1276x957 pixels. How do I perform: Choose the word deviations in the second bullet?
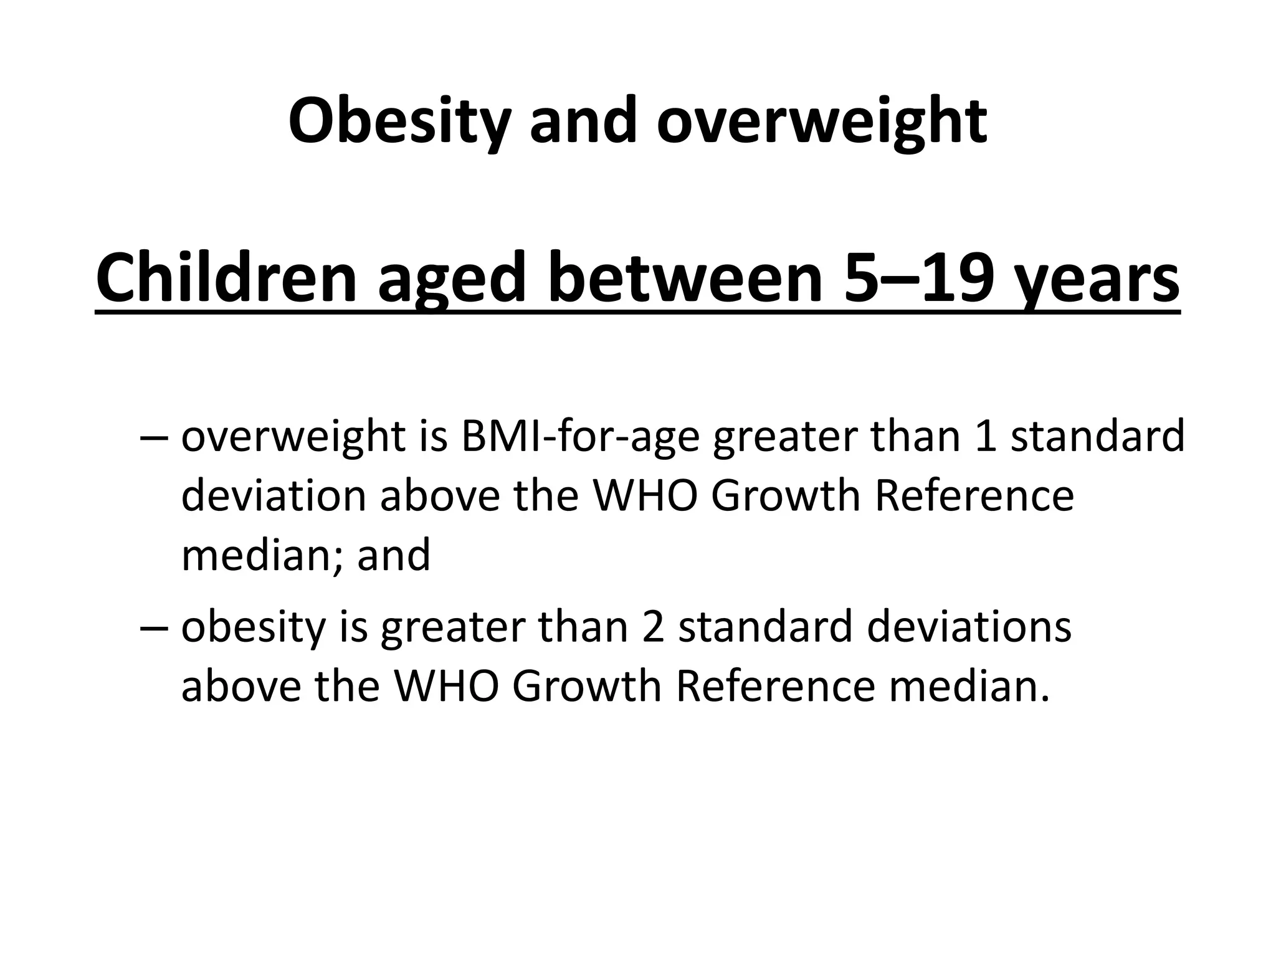969,627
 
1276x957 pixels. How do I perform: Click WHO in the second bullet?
445,686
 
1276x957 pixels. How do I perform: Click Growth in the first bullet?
786,496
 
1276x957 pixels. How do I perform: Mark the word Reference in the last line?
775,686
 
